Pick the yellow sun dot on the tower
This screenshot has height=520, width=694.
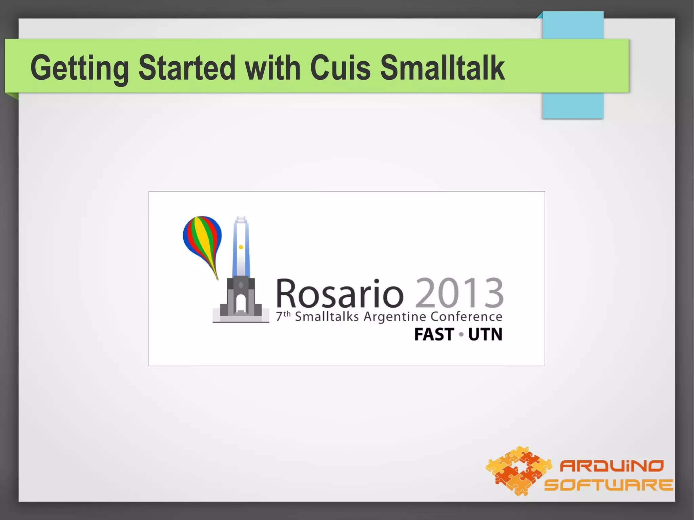click(x=241, y=247)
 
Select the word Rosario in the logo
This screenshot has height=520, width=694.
click(x=340, y=293)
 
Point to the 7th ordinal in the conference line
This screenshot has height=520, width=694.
click(x=283, y=316)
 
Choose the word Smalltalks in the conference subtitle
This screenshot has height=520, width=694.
click(x=327, y=317)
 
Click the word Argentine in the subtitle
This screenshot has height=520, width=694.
click(x=395, y=317)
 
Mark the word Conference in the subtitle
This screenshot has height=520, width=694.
click(x=466, y=317)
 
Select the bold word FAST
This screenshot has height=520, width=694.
click(x=434, y=334)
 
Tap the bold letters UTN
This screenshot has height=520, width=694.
click(x=485, y=334)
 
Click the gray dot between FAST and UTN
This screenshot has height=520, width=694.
click(x=461, y=335)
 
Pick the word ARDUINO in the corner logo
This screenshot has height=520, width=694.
click(x=611, y=466)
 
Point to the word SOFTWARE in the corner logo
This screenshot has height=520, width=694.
click(x=608, y=485)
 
